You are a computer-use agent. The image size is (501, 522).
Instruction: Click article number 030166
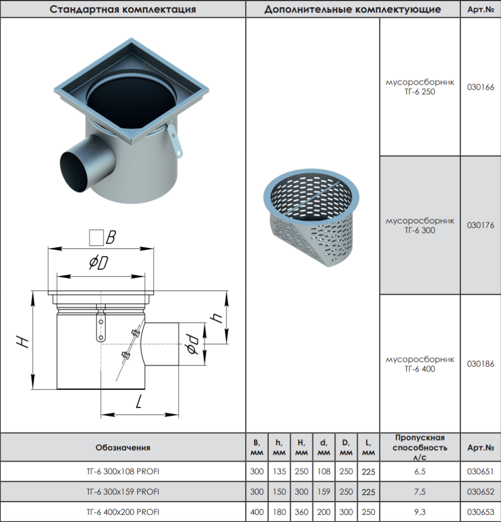481,87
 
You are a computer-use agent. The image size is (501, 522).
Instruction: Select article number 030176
481,225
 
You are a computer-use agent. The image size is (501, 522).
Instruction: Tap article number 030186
481,364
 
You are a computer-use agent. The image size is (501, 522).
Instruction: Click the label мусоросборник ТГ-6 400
420,364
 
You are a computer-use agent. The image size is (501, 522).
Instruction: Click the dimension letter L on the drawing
139,402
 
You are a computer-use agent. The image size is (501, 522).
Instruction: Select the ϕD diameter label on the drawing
98,263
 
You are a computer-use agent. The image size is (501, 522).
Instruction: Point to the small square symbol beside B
96,238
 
